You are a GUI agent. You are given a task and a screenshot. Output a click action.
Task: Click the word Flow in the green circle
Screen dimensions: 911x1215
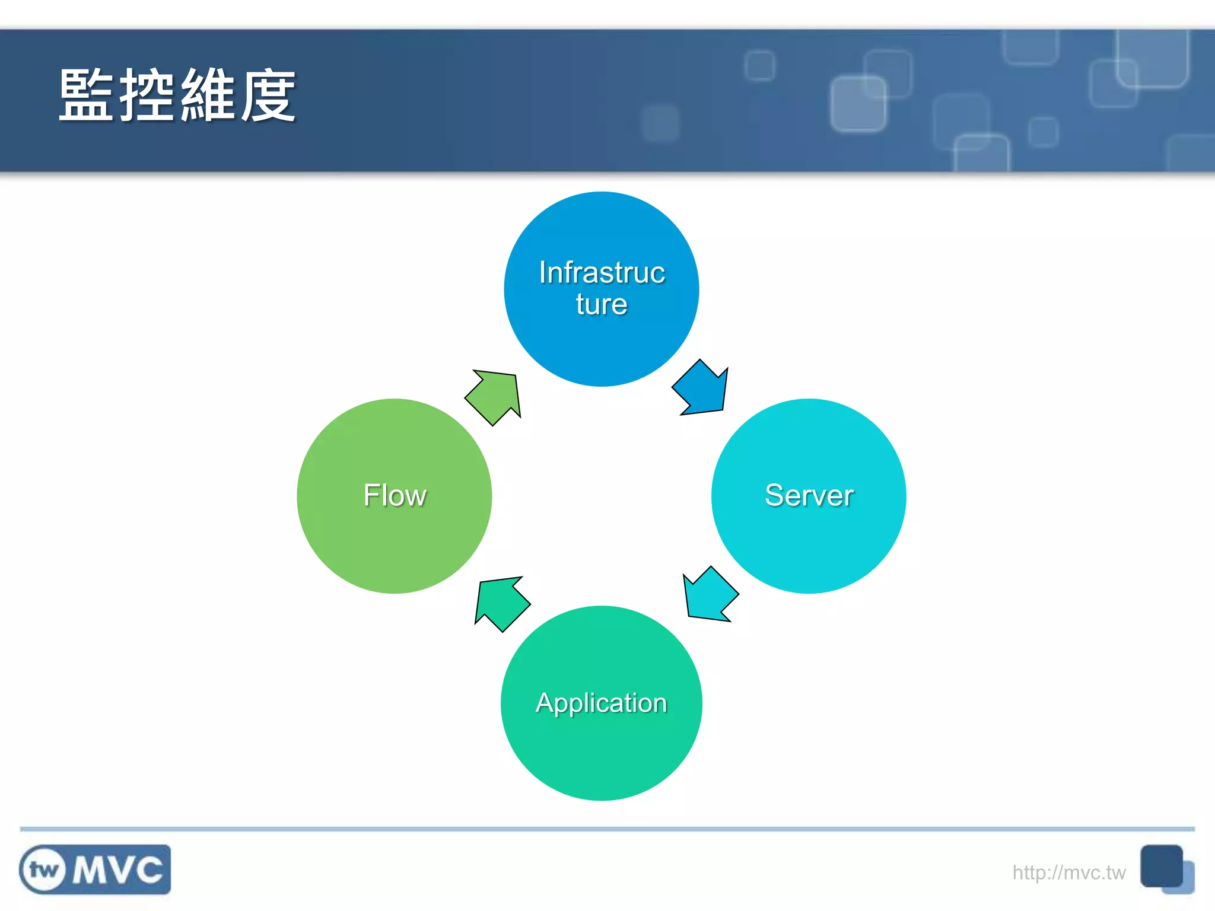(395, 495)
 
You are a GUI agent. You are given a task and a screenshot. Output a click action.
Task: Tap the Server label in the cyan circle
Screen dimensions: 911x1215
(809, 495)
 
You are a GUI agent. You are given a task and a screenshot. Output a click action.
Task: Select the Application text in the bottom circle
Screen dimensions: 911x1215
(601, 703)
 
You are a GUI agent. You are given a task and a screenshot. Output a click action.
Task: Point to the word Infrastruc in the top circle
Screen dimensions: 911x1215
(602, 273)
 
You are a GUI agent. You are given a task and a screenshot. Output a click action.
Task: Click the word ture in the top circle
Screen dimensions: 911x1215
(601, 304)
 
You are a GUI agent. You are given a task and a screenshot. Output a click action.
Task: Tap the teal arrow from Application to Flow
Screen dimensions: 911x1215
(501, 603)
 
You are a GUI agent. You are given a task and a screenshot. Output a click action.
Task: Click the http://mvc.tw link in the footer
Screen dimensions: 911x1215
(1068, 872)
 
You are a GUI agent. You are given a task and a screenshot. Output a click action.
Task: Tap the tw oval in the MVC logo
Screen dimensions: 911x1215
(43, 870)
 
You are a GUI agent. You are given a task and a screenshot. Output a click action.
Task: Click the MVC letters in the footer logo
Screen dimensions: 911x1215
(117, 870)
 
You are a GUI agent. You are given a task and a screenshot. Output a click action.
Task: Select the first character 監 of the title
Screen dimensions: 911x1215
(87, 95)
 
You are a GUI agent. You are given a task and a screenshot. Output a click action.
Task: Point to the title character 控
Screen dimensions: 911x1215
(147, 95)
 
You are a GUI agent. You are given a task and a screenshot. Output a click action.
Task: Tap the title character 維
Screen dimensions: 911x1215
(208, 95)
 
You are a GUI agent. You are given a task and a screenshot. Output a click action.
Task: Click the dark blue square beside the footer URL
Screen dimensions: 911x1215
(1161, 866)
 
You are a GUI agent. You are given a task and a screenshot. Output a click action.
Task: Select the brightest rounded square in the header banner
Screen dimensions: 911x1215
(858, 104)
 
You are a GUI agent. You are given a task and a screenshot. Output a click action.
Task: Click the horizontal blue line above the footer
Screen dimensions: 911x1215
(607, 829)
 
